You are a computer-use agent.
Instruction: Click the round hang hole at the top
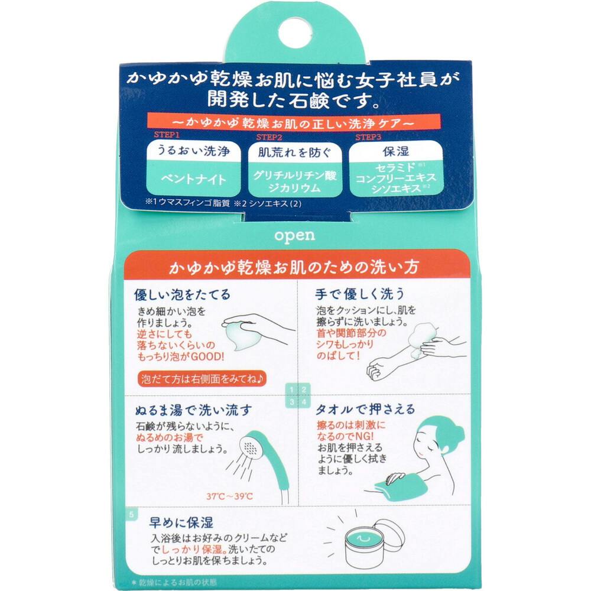pyautogui.click(x=295, y=34)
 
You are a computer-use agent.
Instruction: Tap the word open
pyautogui.click(x=294, y=236)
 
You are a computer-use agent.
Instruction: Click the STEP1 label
pyautogui.click(x=167, y=135)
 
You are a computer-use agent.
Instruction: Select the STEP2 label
pyautogui.click(x=269, y=137)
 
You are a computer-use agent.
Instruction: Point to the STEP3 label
pyautogui.click(x=368, y=137)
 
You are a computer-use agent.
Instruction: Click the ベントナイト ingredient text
pyautogui.click(x=193, y=179)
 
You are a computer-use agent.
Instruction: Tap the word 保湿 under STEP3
pyautogui.click(x=396, y=151)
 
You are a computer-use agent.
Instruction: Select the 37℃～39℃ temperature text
pyautogui.click(x=229, y=496)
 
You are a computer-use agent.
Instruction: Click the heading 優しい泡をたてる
pyautogui.click(x=181, y=294)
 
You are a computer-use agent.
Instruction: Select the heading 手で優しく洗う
pyautogui.click(x=359, y=294)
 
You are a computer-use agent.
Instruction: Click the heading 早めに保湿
pyautogui.click(x=181, y=522)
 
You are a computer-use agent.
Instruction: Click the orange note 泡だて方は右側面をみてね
pyautogui.click(x=202, y=378)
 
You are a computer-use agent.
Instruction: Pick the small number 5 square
pyautogui.click(x=131, y=514)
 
